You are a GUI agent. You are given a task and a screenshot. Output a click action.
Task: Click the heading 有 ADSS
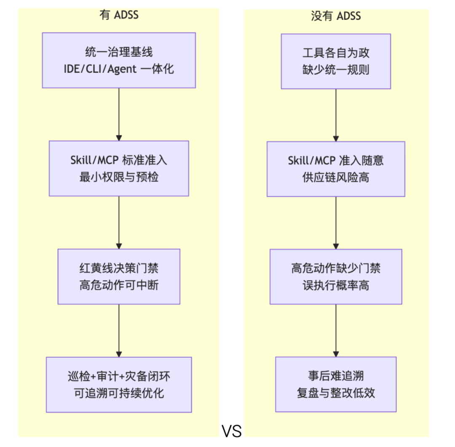[119, 16]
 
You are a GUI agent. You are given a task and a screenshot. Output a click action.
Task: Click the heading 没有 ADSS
[336, 16]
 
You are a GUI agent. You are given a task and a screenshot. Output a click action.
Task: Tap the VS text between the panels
[232, 431]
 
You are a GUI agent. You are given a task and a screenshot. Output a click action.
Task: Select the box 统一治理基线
[119, 60]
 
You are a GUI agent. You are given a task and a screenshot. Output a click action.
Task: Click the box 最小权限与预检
[119, 168]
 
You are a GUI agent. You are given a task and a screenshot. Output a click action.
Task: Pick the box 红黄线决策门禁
[119, 276]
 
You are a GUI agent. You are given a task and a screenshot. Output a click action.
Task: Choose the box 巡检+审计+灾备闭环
[119, 384]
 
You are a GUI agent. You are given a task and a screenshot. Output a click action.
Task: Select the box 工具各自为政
[336, 61]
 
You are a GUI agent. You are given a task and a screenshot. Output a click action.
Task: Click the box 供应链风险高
[336, 169]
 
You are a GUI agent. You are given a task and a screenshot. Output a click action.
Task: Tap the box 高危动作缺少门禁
[336, 277]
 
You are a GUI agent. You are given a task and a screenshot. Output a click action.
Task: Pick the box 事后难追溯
[336, 384]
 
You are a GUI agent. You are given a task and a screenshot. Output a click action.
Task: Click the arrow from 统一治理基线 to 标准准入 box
[119, 114]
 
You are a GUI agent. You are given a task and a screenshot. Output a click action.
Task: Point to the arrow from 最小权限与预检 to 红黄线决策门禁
[119, 222]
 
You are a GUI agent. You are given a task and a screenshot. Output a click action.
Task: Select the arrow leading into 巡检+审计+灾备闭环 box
[119, 330]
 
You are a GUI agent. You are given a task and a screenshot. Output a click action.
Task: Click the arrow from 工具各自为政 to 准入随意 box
[336, 115]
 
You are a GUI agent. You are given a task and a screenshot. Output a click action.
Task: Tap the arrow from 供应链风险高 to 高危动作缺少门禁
[336, 223]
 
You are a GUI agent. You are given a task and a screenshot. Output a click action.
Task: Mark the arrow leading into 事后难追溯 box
[336, 330]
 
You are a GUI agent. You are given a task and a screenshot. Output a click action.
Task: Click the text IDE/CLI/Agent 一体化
[119, 68]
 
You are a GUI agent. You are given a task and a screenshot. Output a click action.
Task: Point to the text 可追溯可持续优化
[119, 393]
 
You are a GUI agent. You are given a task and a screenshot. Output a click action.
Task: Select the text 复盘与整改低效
[336, 393]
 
